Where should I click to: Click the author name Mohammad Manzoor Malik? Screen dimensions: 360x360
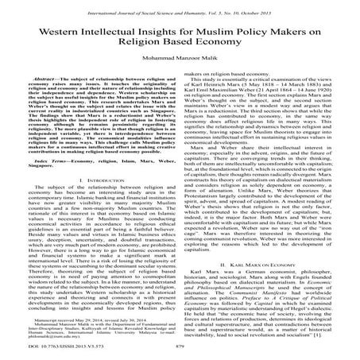tap(180, 68)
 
